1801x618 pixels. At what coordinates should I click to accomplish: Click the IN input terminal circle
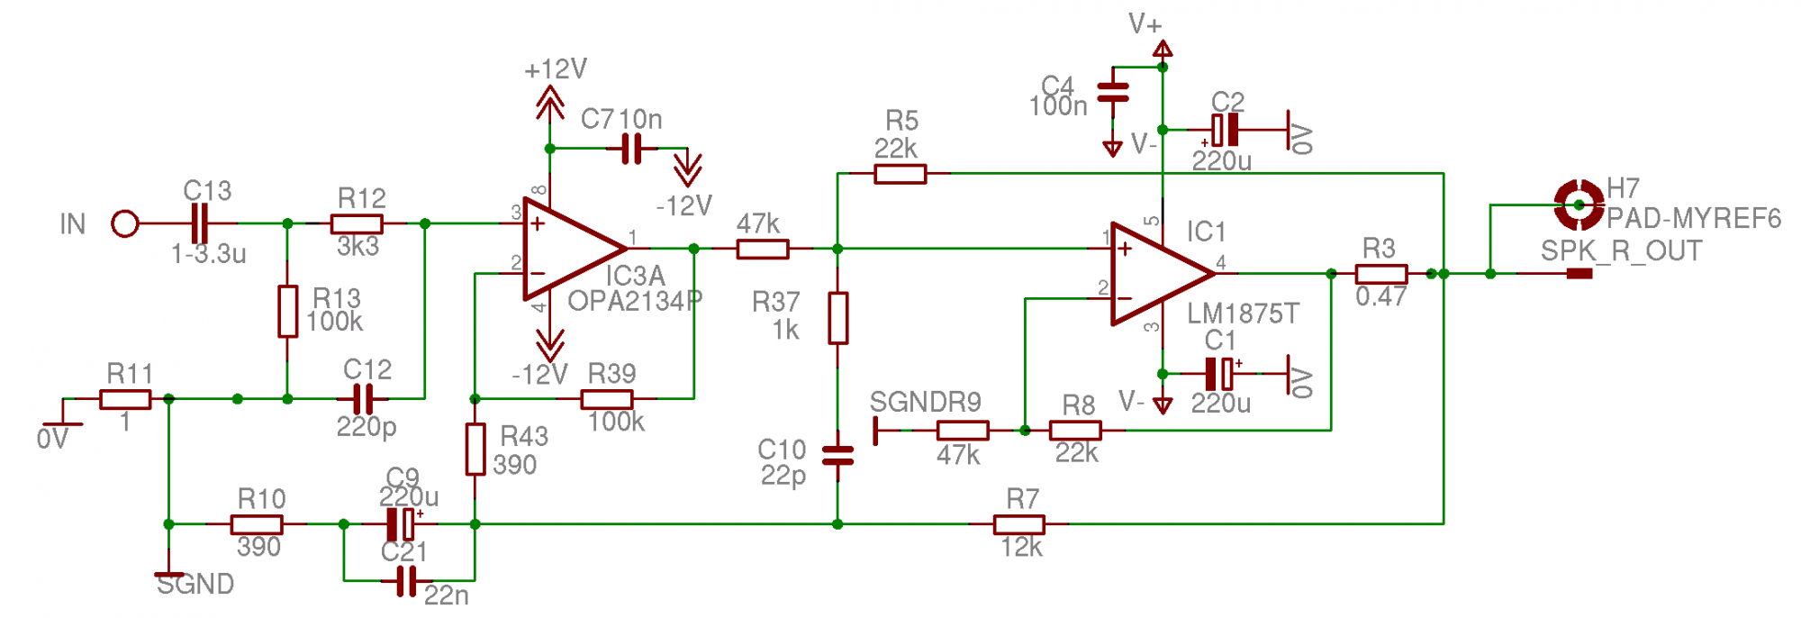point(125,223)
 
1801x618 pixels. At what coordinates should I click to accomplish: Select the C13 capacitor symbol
point(200,223)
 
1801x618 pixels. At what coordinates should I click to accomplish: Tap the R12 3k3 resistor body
point(357,223)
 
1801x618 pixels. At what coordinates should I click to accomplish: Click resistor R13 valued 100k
point(287,311)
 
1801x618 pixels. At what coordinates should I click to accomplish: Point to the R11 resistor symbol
point(125,398)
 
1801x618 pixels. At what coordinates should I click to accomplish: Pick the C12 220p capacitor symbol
point(363,398)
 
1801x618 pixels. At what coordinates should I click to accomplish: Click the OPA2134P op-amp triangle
point(567,249)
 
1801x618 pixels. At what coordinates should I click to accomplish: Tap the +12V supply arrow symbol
point(549,102)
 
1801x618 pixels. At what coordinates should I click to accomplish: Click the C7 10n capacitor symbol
point(632,149)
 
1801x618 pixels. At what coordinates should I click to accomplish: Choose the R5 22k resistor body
point(900,174)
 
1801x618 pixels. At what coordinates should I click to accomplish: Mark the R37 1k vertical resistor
point(837,317)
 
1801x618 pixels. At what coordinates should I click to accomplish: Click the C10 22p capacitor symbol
point(837,454)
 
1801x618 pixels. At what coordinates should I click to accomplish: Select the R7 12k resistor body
point(1019,523)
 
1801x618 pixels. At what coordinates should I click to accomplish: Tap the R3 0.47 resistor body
point(1380,273)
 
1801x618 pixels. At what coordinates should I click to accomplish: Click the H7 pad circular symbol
point(1579,205)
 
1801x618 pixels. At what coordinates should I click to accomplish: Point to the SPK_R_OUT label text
point(1621,251)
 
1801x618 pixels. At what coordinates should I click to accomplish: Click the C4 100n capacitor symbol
point(1113,92)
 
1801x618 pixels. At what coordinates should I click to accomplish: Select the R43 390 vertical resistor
point(475,449)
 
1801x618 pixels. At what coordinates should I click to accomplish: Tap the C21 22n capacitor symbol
point(406,581)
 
